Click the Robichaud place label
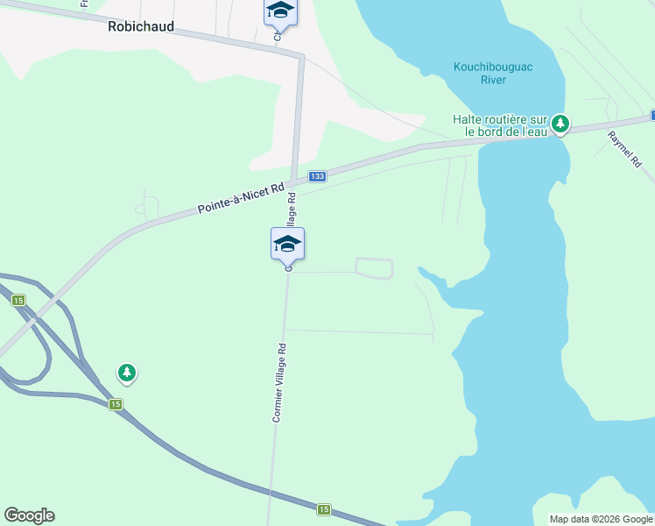click(140, 27)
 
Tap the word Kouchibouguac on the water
click(494, 68)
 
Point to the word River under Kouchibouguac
click(494, 81)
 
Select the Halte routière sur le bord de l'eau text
click(500, 125)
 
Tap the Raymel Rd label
click(625, 149)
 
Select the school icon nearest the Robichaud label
click(280, 11)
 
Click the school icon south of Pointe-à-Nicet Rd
click(287, 244)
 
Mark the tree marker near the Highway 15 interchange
click(127, 373)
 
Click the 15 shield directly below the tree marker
click(115, 404)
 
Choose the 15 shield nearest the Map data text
click(324, 509)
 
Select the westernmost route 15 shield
click(18, 301)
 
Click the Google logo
click(29, 515)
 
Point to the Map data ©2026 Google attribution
click(600, 519)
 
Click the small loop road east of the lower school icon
click(374, 268)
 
